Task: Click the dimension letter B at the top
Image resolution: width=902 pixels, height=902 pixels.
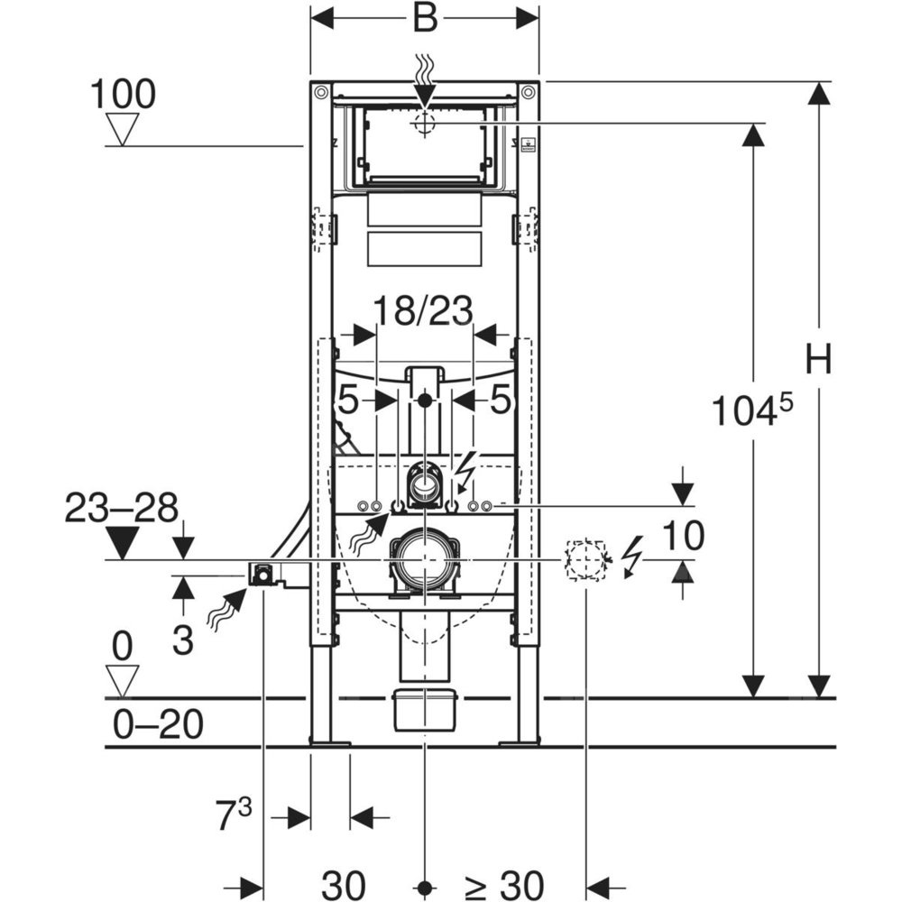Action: (x=424, y=18)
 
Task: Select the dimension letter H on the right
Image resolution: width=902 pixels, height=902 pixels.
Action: (x=819, y=361)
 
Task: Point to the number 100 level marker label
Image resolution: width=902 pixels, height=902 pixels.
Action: (x=124, y=94)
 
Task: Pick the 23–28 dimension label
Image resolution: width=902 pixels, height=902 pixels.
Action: (x=122, y=509)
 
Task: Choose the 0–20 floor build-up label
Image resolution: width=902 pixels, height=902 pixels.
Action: (x=160, y=723)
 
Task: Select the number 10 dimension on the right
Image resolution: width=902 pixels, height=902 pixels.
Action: (x=683, y=538)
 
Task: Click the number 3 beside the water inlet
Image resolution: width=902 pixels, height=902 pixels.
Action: (x=183, y=641)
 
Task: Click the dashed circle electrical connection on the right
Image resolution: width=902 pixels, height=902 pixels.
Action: (x=584, y=559)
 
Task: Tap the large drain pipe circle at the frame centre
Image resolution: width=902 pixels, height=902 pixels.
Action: (x=424, y=559)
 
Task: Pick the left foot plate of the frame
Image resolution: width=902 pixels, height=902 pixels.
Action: (x=329, y=742)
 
